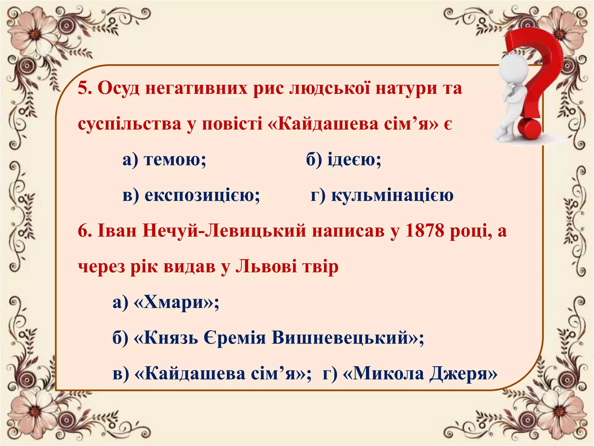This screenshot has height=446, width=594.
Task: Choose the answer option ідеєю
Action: (354, 159)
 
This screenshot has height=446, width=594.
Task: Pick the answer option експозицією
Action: (202, 195)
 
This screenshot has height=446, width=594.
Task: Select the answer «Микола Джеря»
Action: (420, 374)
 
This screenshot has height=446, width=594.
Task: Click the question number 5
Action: (84, 88)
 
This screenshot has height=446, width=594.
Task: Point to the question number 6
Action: (84, 231)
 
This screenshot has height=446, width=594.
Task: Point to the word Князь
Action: (171, 338)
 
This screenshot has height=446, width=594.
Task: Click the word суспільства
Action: (129, 124)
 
